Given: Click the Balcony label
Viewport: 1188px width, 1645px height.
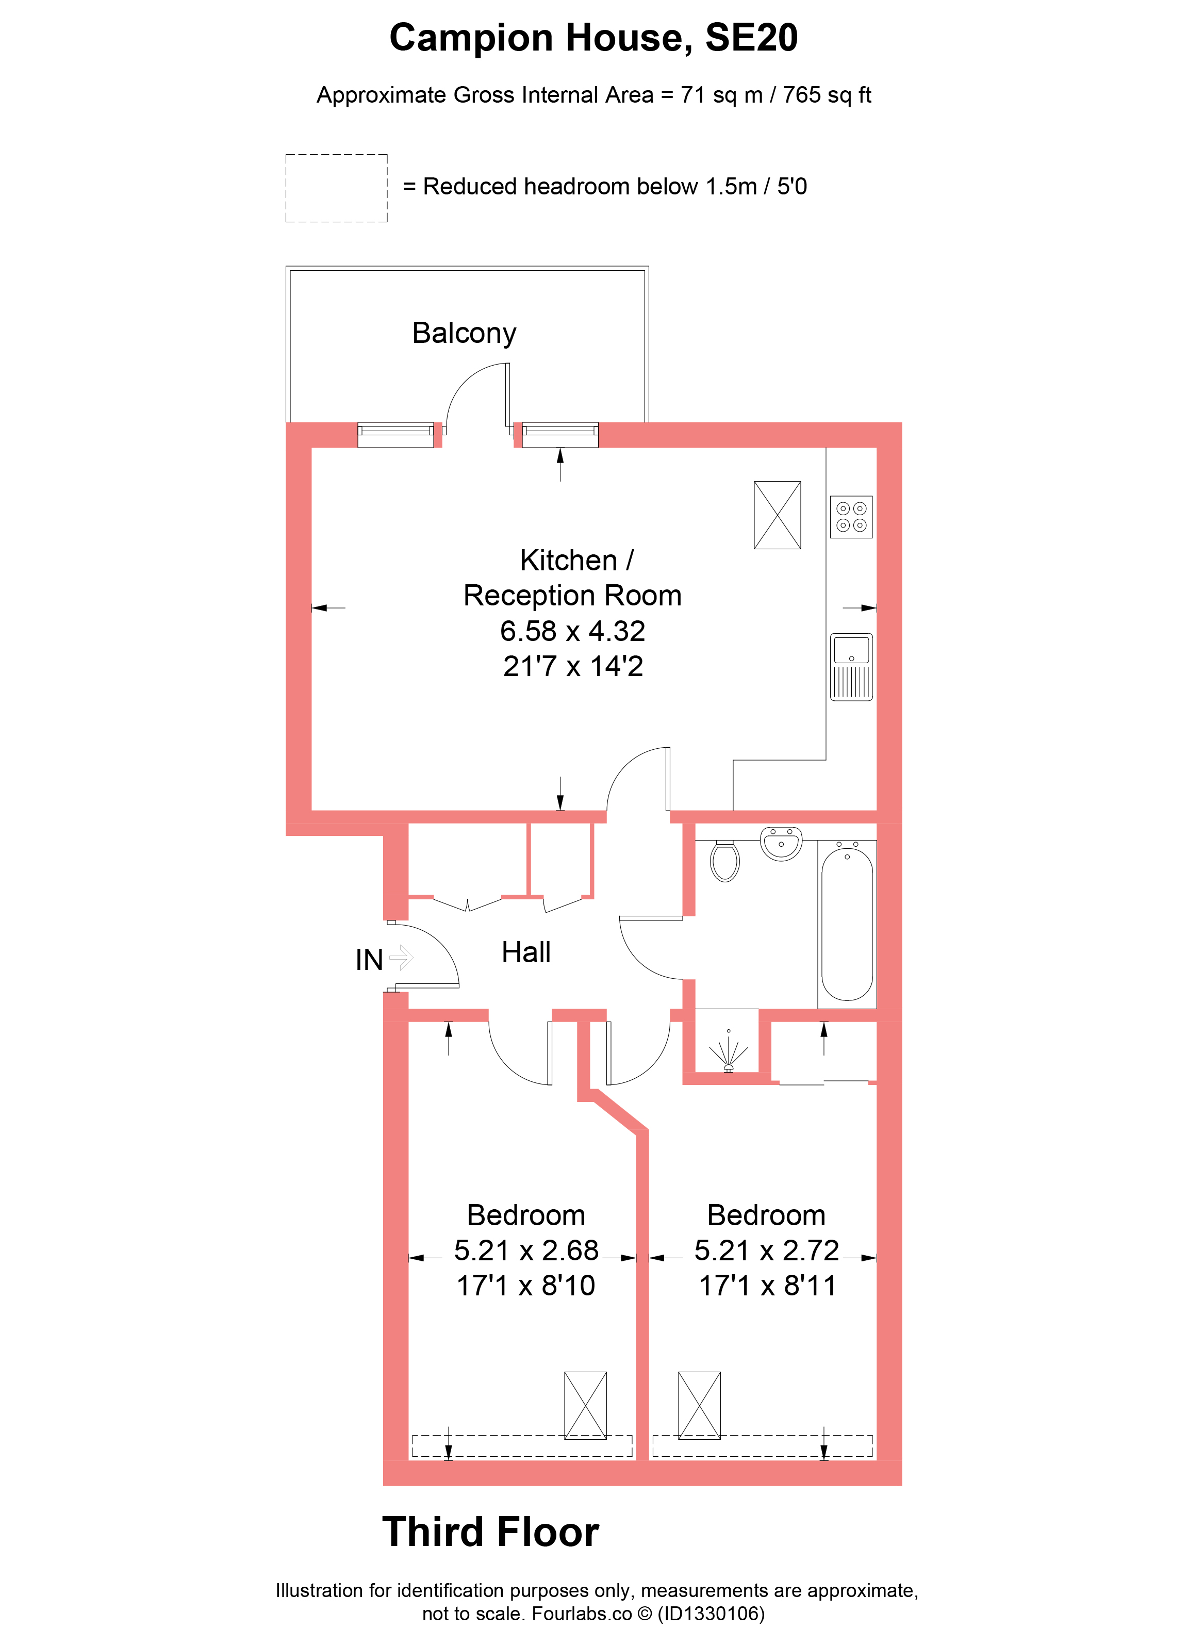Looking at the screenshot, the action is pyautogui.click(x=464, y=333).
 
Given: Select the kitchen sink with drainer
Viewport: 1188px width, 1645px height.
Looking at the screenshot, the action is pyautogui.click(x=851, y=667).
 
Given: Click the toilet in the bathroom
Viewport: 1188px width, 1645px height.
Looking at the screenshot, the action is pyautogui.click(x=724, y=861).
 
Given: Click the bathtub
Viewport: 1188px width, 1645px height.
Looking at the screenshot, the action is pyautogui.click(x=847, y=924).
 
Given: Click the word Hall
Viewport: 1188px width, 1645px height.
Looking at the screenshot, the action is pyautogui.click(x=526, y=952).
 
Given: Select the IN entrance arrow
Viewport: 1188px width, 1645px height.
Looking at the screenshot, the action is pyautogui.click(x=401, y=958).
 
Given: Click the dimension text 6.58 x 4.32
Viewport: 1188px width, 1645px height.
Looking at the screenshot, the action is pyautogui.click(x=573, y=631).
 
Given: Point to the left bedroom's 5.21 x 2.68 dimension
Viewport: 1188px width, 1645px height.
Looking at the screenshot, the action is pyautogui.click(x=526, y=1251).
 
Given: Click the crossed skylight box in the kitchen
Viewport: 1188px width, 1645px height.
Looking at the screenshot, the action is pyautogui.click(x=778, y=515).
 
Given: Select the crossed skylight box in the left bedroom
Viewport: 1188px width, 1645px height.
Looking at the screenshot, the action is pyautogui.click(x=585, y=1405).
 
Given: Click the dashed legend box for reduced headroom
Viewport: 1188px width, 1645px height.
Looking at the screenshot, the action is pyautogui.click(x=337, y=188).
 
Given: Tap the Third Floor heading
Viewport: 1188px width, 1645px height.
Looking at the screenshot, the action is pyautogui.click(x=491, y=1533).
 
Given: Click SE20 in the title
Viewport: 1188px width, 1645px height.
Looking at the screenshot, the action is pyautogui.click(x=751, y=38).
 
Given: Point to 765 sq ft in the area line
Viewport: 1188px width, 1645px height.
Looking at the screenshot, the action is pyautogui.click(x=827, y=95).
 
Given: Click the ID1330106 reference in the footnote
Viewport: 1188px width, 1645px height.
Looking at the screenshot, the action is pyautogui.click(x=711, y=1614).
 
